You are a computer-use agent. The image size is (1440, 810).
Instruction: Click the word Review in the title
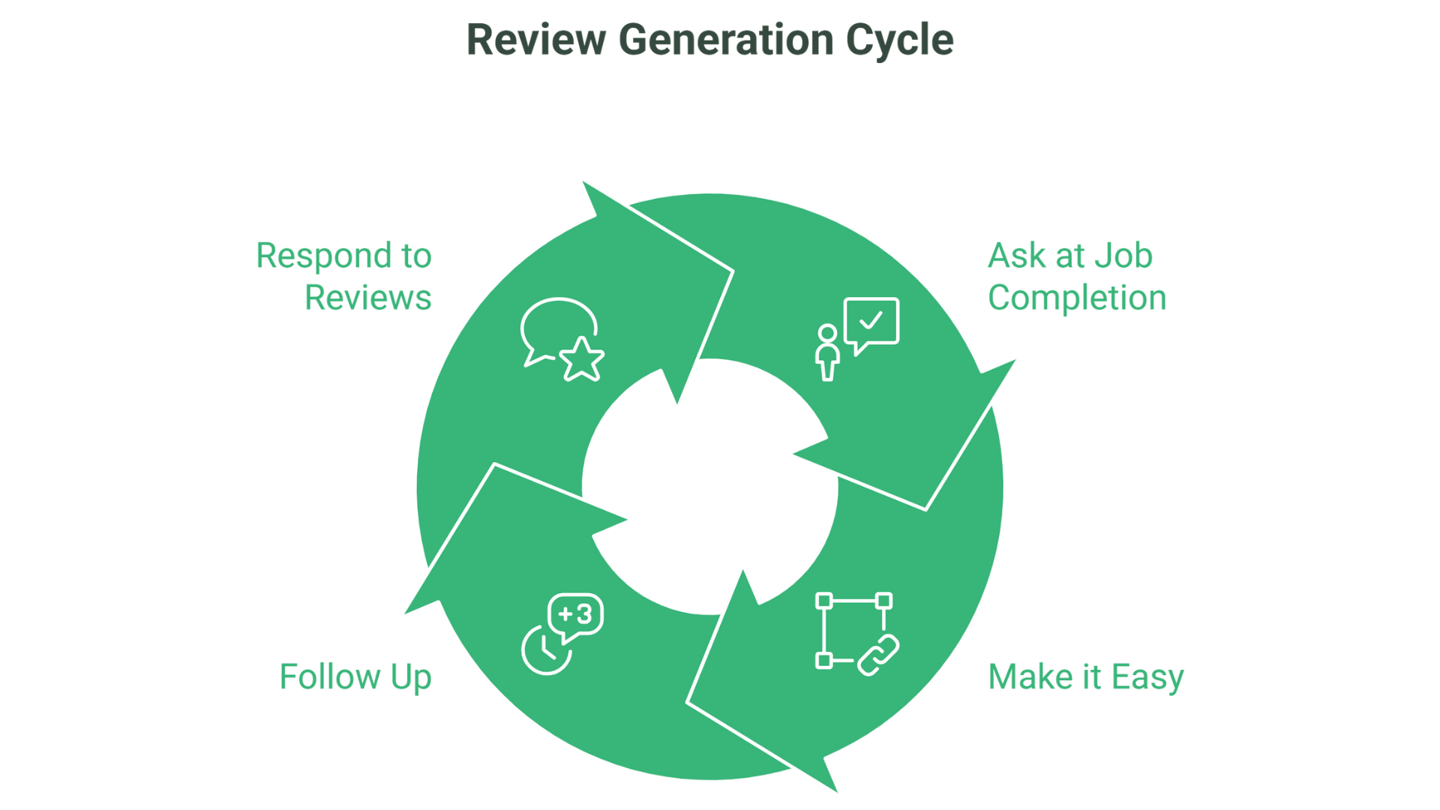click(x=535, y=40)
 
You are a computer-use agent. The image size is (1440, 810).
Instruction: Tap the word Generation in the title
click(x=725, y=40)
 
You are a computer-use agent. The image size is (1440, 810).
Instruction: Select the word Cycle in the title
click(x=899, y=40)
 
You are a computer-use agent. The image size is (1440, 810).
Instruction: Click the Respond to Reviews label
click(x=344, y=276)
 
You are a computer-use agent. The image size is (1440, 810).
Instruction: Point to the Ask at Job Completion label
click(x=1076, y=276)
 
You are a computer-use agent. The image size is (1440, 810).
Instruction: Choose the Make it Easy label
click(x=1085, y=676)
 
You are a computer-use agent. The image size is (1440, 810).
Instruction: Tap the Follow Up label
click(x=355, y=676)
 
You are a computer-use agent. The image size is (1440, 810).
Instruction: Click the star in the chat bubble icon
click(x=582, y=360)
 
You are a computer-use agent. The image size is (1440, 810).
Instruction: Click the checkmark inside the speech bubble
click(x=871, y=321)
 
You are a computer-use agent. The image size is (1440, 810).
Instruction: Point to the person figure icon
click(x=827, y=352)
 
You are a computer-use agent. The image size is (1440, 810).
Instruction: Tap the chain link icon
click(x=878, y=655)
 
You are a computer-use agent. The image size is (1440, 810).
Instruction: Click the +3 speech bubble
click(x=576, y=615)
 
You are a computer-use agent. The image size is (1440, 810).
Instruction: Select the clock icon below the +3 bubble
click(x=545, y=650)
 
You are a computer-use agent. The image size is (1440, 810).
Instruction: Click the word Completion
click(x=1076, y=298)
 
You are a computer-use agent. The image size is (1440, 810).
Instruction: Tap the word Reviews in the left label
click(x=367, y=298)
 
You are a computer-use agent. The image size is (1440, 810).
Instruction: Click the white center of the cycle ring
click(x=709, y=487)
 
